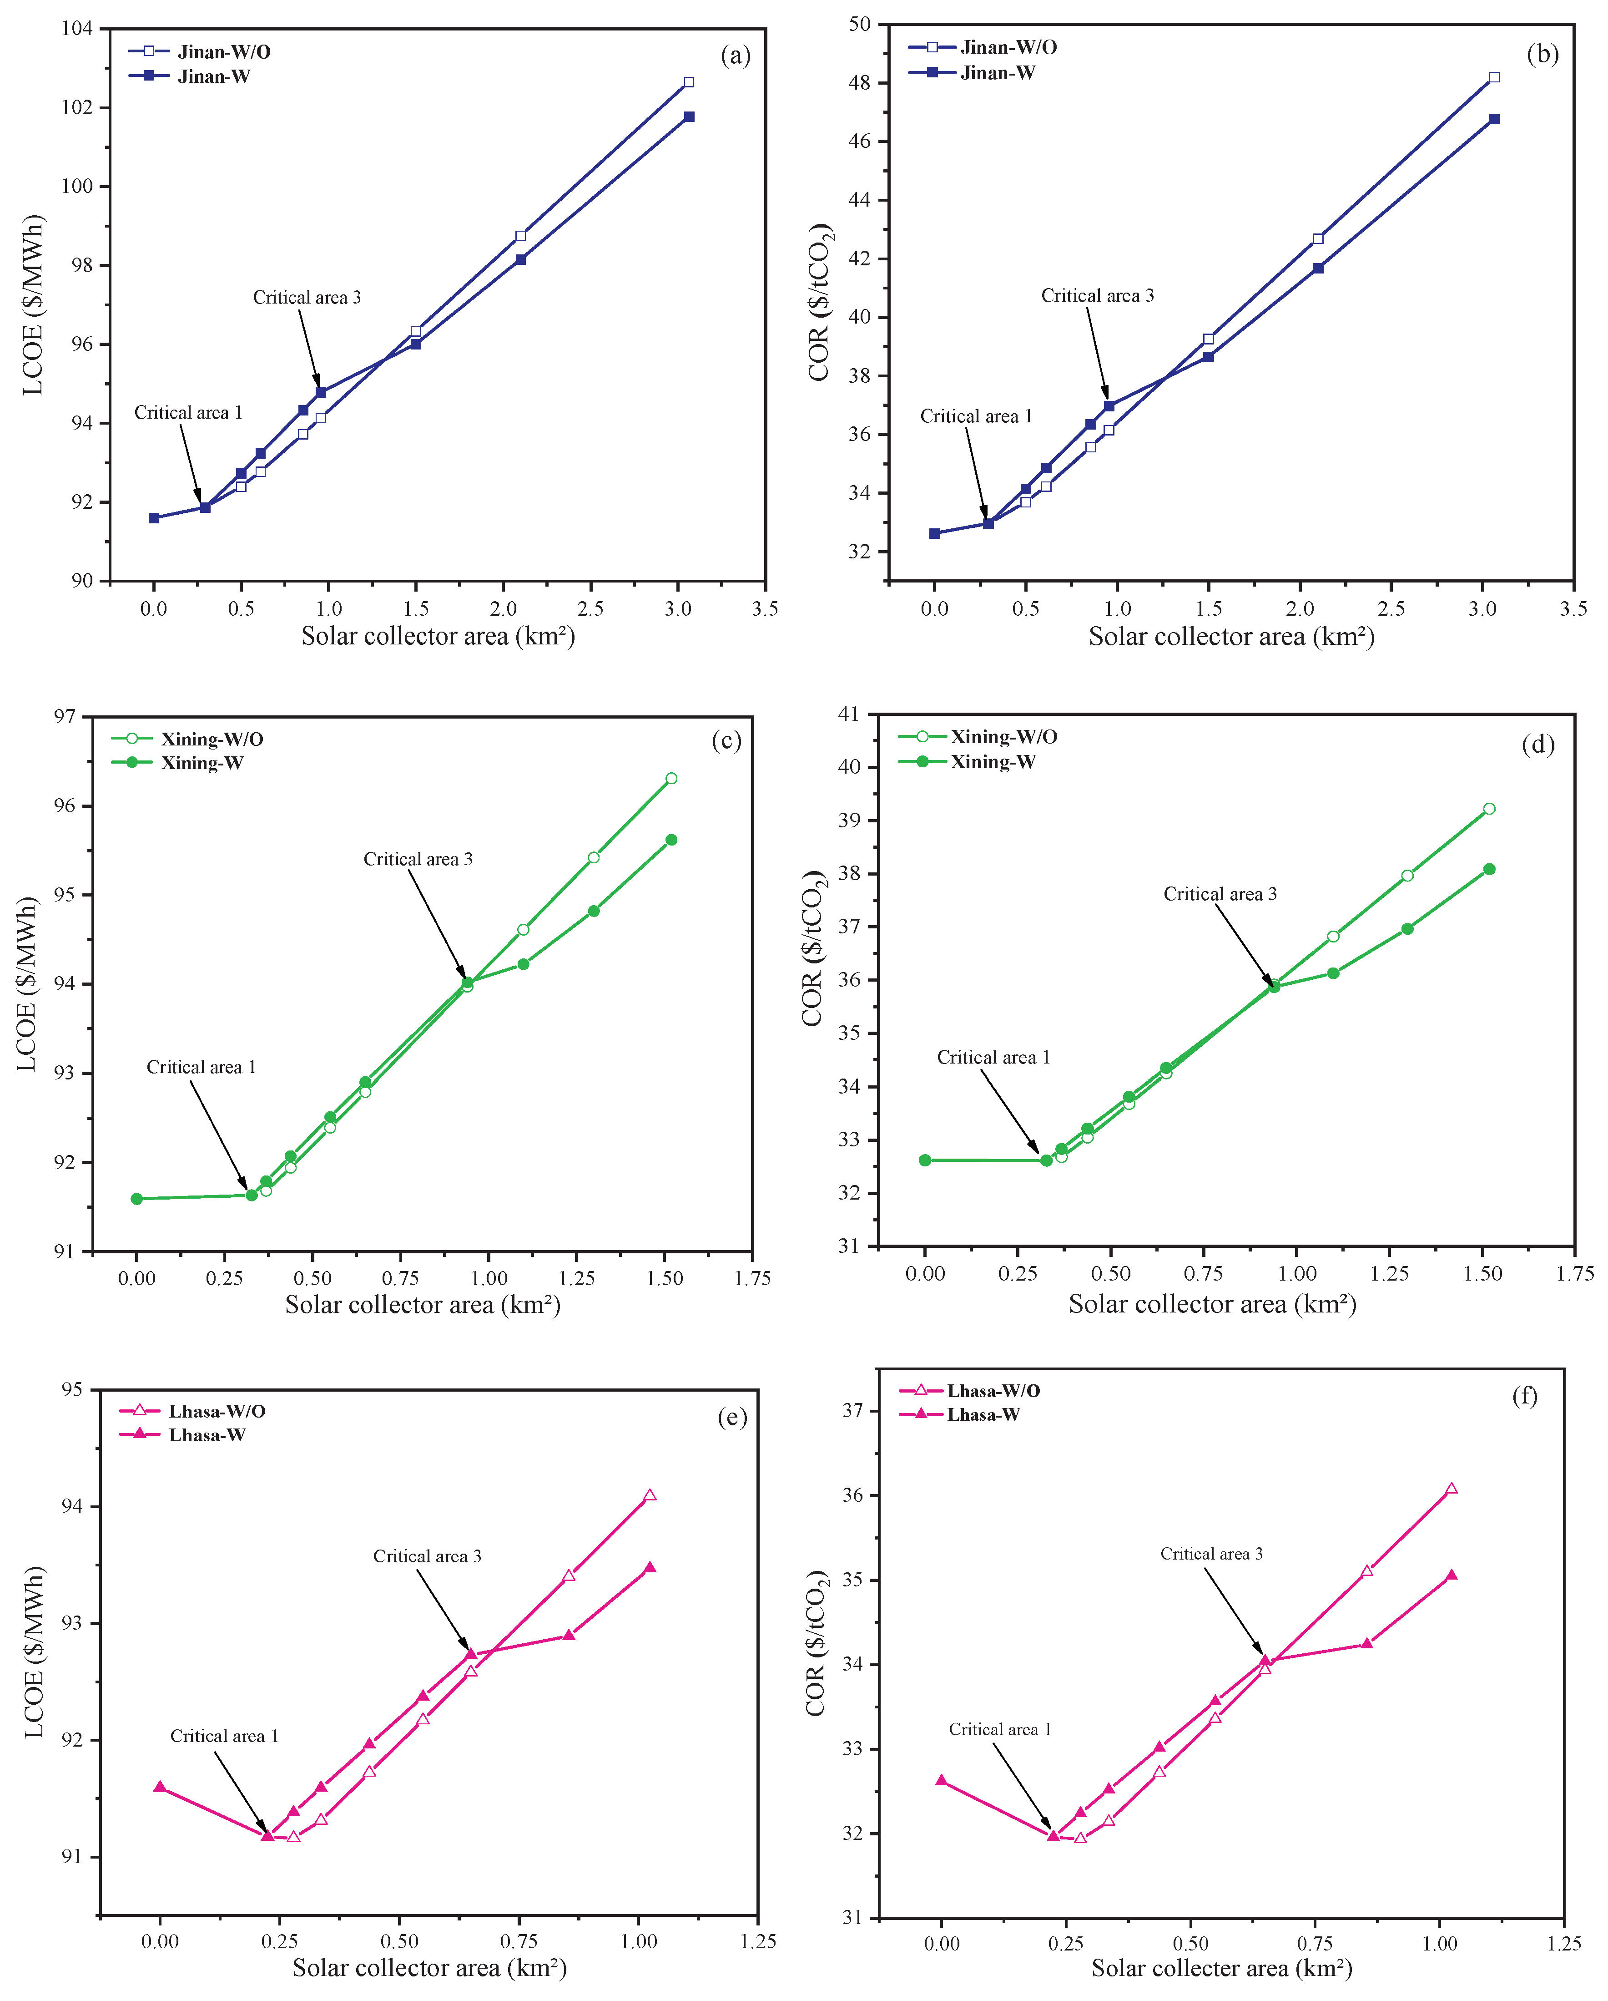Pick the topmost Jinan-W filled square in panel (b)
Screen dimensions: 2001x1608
(1494, 119)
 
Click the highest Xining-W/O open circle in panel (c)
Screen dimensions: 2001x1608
(671, 779)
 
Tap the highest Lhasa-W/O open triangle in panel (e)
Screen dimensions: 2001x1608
(650, 1495)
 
